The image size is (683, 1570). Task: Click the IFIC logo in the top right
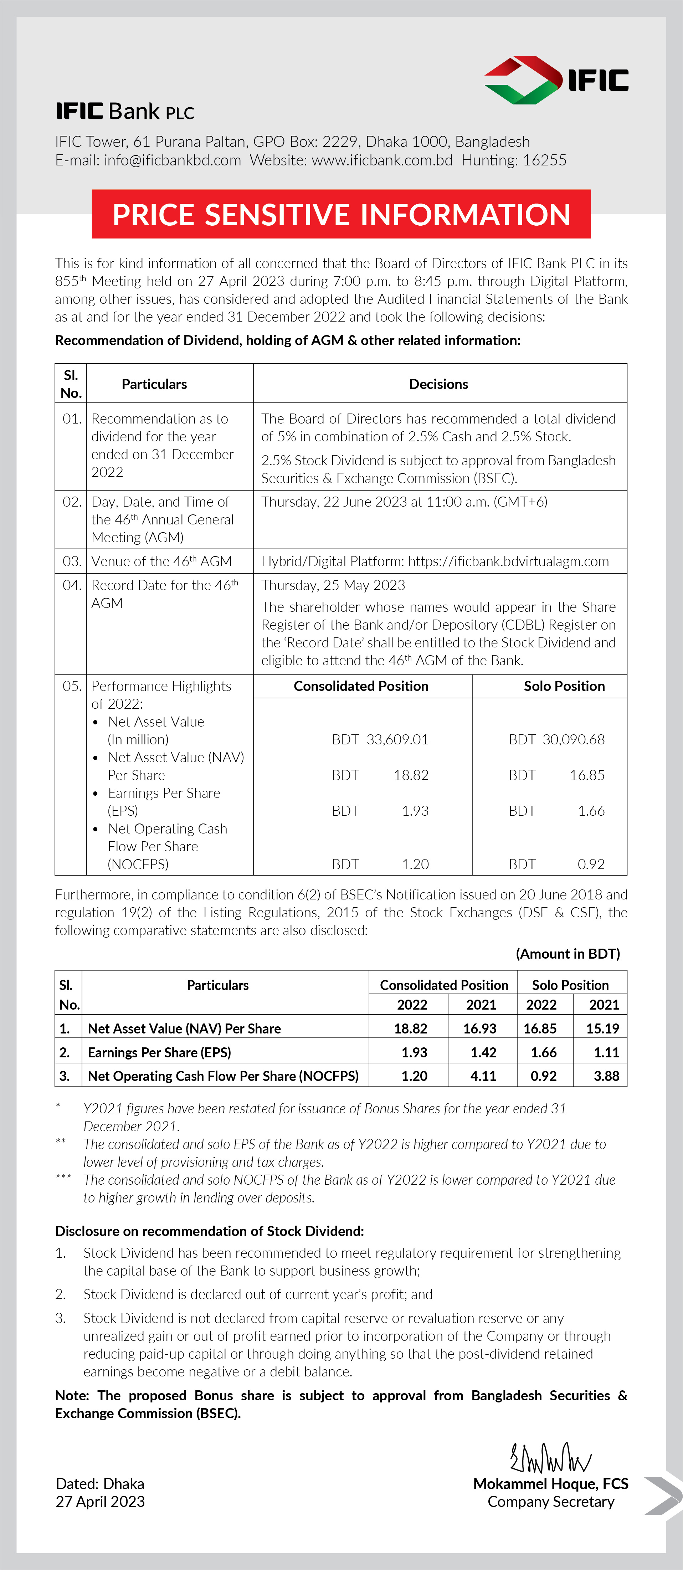pyautogui.click(x=556, y=80)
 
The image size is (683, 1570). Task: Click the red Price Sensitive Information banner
pyautogui.click(x=341, y=215)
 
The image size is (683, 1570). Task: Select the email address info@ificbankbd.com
pyautogui.click(x=173, y=160)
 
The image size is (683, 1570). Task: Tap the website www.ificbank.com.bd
pyautogui.click(x=382, y=160)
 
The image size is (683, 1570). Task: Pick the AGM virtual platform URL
pyautogui.click(x=508, y=561)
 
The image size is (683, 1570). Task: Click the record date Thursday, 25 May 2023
pyautogui.click(x=333, y=585)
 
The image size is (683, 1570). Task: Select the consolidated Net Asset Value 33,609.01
pyautogui.click(x=397, y=739)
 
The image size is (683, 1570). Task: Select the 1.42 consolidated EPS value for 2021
pyautogui.click(x=483, y=1053)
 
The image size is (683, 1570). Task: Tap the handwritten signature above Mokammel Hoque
pyautogui.click(x=550, y=1458)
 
